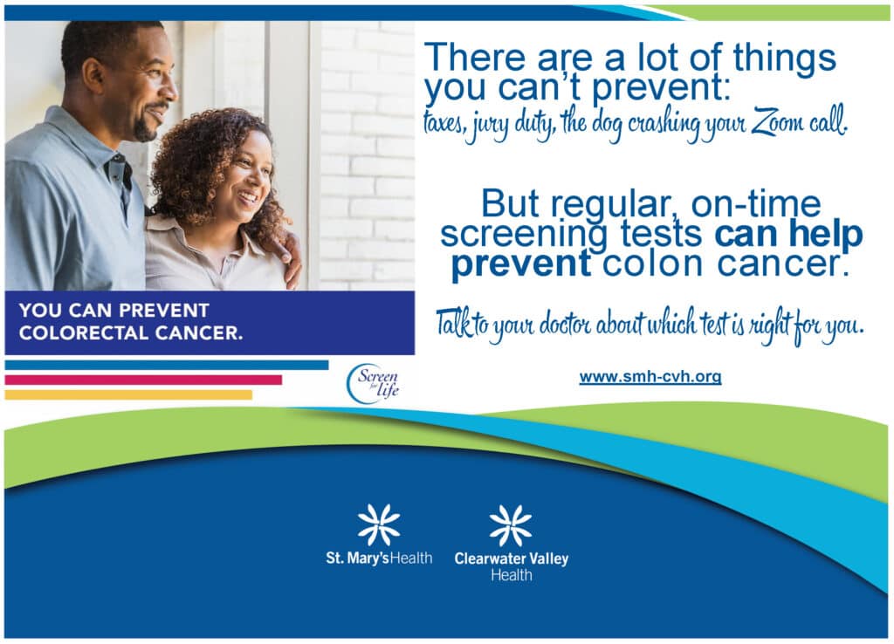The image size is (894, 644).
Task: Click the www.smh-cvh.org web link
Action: tap(650, 377)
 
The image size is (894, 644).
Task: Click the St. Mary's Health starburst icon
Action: tap(379, 525)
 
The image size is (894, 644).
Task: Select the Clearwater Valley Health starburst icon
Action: tap(511, 525)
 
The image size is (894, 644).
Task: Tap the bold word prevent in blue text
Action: tap(520, 264)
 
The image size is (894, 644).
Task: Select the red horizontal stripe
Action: tap(143, 380)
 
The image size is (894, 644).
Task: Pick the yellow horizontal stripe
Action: tap(128, 394)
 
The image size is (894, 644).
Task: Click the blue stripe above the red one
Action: tap(166, 365)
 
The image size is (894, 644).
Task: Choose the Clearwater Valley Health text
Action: tap(511, 565)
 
